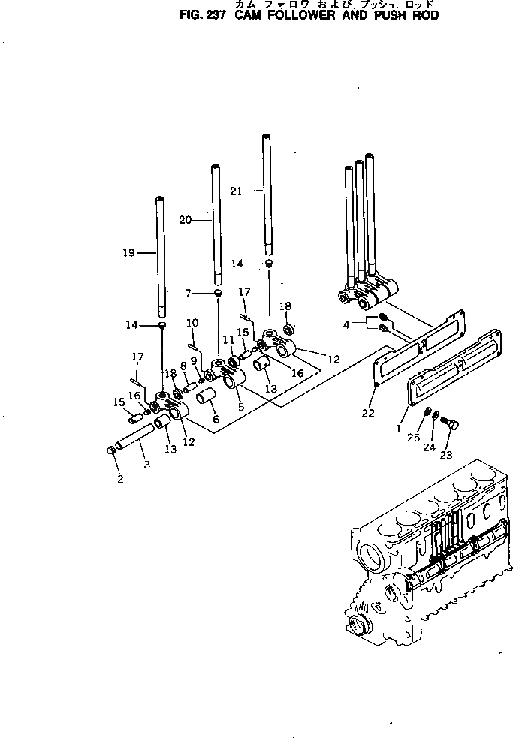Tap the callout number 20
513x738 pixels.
click(x=186, y=220)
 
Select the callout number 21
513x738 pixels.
click(x=236, y=191)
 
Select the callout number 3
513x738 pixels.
click(x=146, y=465)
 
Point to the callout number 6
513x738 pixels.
click(x=216, y=419)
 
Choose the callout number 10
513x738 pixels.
click(x=192, y=323)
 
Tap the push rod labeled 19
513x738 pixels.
click(x=160, y=255)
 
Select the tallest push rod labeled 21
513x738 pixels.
click(x=266, y=195)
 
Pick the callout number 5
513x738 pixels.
click(x=241, y=407)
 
